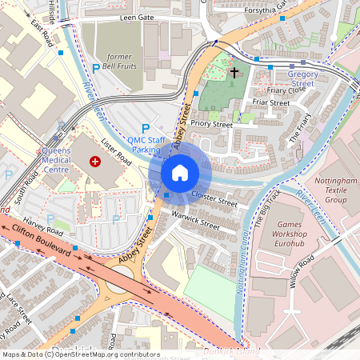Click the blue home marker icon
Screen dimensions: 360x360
click(x=180, y=172)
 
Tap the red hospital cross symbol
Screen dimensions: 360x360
click(x=96, y=161)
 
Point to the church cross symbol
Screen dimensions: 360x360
click(x=234, y=73)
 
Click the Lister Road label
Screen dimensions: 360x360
click(x=116, y=151)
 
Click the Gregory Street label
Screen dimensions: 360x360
click(x=301, y=78)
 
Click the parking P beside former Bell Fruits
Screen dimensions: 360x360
click(x=97, y=70)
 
